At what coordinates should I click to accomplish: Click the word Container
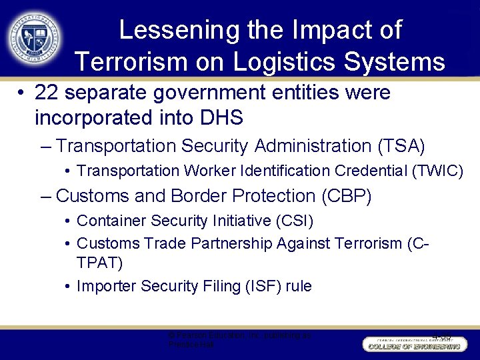click(109, 220)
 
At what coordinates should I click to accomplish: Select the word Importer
click(104, 286)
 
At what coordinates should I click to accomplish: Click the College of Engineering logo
click(413, 343)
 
